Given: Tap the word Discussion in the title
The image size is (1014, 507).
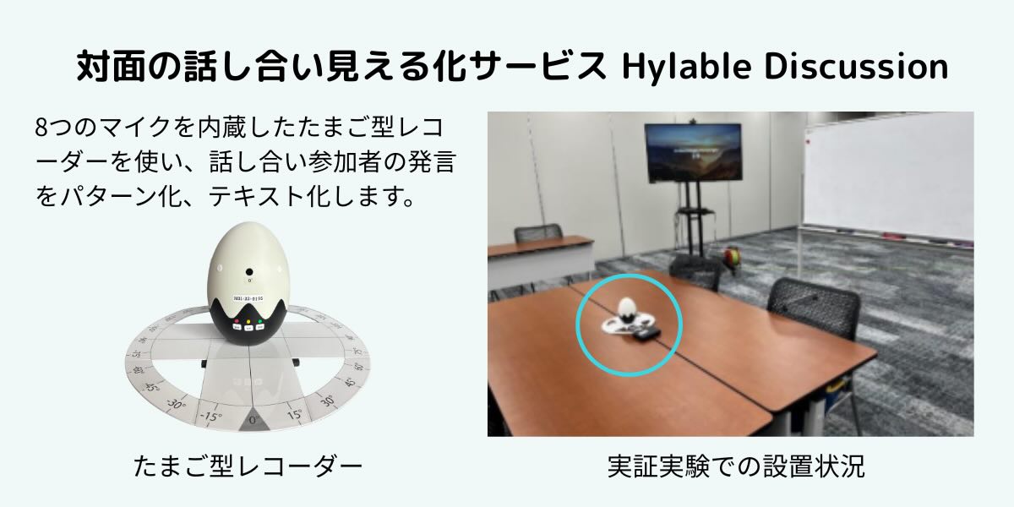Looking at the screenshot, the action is [x=857, y=67].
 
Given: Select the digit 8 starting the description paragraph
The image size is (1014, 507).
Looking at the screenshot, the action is [x=41, y=128].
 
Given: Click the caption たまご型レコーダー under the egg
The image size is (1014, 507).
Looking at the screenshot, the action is [x=248, y=466].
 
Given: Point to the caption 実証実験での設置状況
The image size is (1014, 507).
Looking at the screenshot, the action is [x=736, y=466].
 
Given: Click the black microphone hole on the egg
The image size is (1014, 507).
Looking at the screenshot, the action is [x=249, y=272].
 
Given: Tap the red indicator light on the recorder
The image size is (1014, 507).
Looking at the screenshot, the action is [x=237, y=321].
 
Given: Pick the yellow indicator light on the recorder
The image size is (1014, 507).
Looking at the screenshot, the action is [x=248, y=323].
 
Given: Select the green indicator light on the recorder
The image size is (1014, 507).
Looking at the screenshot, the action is [x=260, y=322].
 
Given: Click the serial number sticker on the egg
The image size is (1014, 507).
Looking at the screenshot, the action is [x=248, y=298].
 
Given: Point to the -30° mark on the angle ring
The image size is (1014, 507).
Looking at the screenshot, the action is [x=176, y=403].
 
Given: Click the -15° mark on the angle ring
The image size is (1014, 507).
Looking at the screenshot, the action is [x=211, y=416].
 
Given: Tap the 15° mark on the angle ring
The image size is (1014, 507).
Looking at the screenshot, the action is [x=295, y=414].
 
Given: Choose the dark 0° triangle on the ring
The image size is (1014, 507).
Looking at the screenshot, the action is [x=253, y=419].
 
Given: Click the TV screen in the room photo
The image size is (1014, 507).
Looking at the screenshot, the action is [x=693, y=153].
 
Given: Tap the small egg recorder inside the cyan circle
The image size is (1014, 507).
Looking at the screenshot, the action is [x=627, y=309].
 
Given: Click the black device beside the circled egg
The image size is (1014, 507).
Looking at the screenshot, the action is [x=647, y=335].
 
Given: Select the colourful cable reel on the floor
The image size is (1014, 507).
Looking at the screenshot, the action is [x=732, y=257].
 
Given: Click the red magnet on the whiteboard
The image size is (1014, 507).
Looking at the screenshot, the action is [x=808, y=142].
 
